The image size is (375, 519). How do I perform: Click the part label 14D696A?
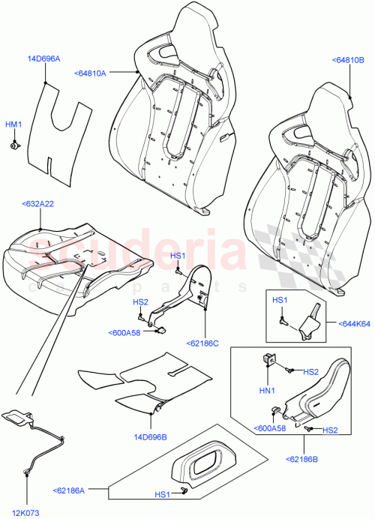(x=45, y=58)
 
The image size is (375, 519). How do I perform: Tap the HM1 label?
(x=14, y=124)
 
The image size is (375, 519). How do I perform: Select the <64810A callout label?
(x=90, y=73)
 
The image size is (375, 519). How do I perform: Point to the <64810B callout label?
(x=347, y=59)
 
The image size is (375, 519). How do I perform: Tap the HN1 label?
(x=268, y=389)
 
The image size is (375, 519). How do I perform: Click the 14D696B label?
(x=150, y=435)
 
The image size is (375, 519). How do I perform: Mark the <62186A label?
(x=70, y=491)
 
